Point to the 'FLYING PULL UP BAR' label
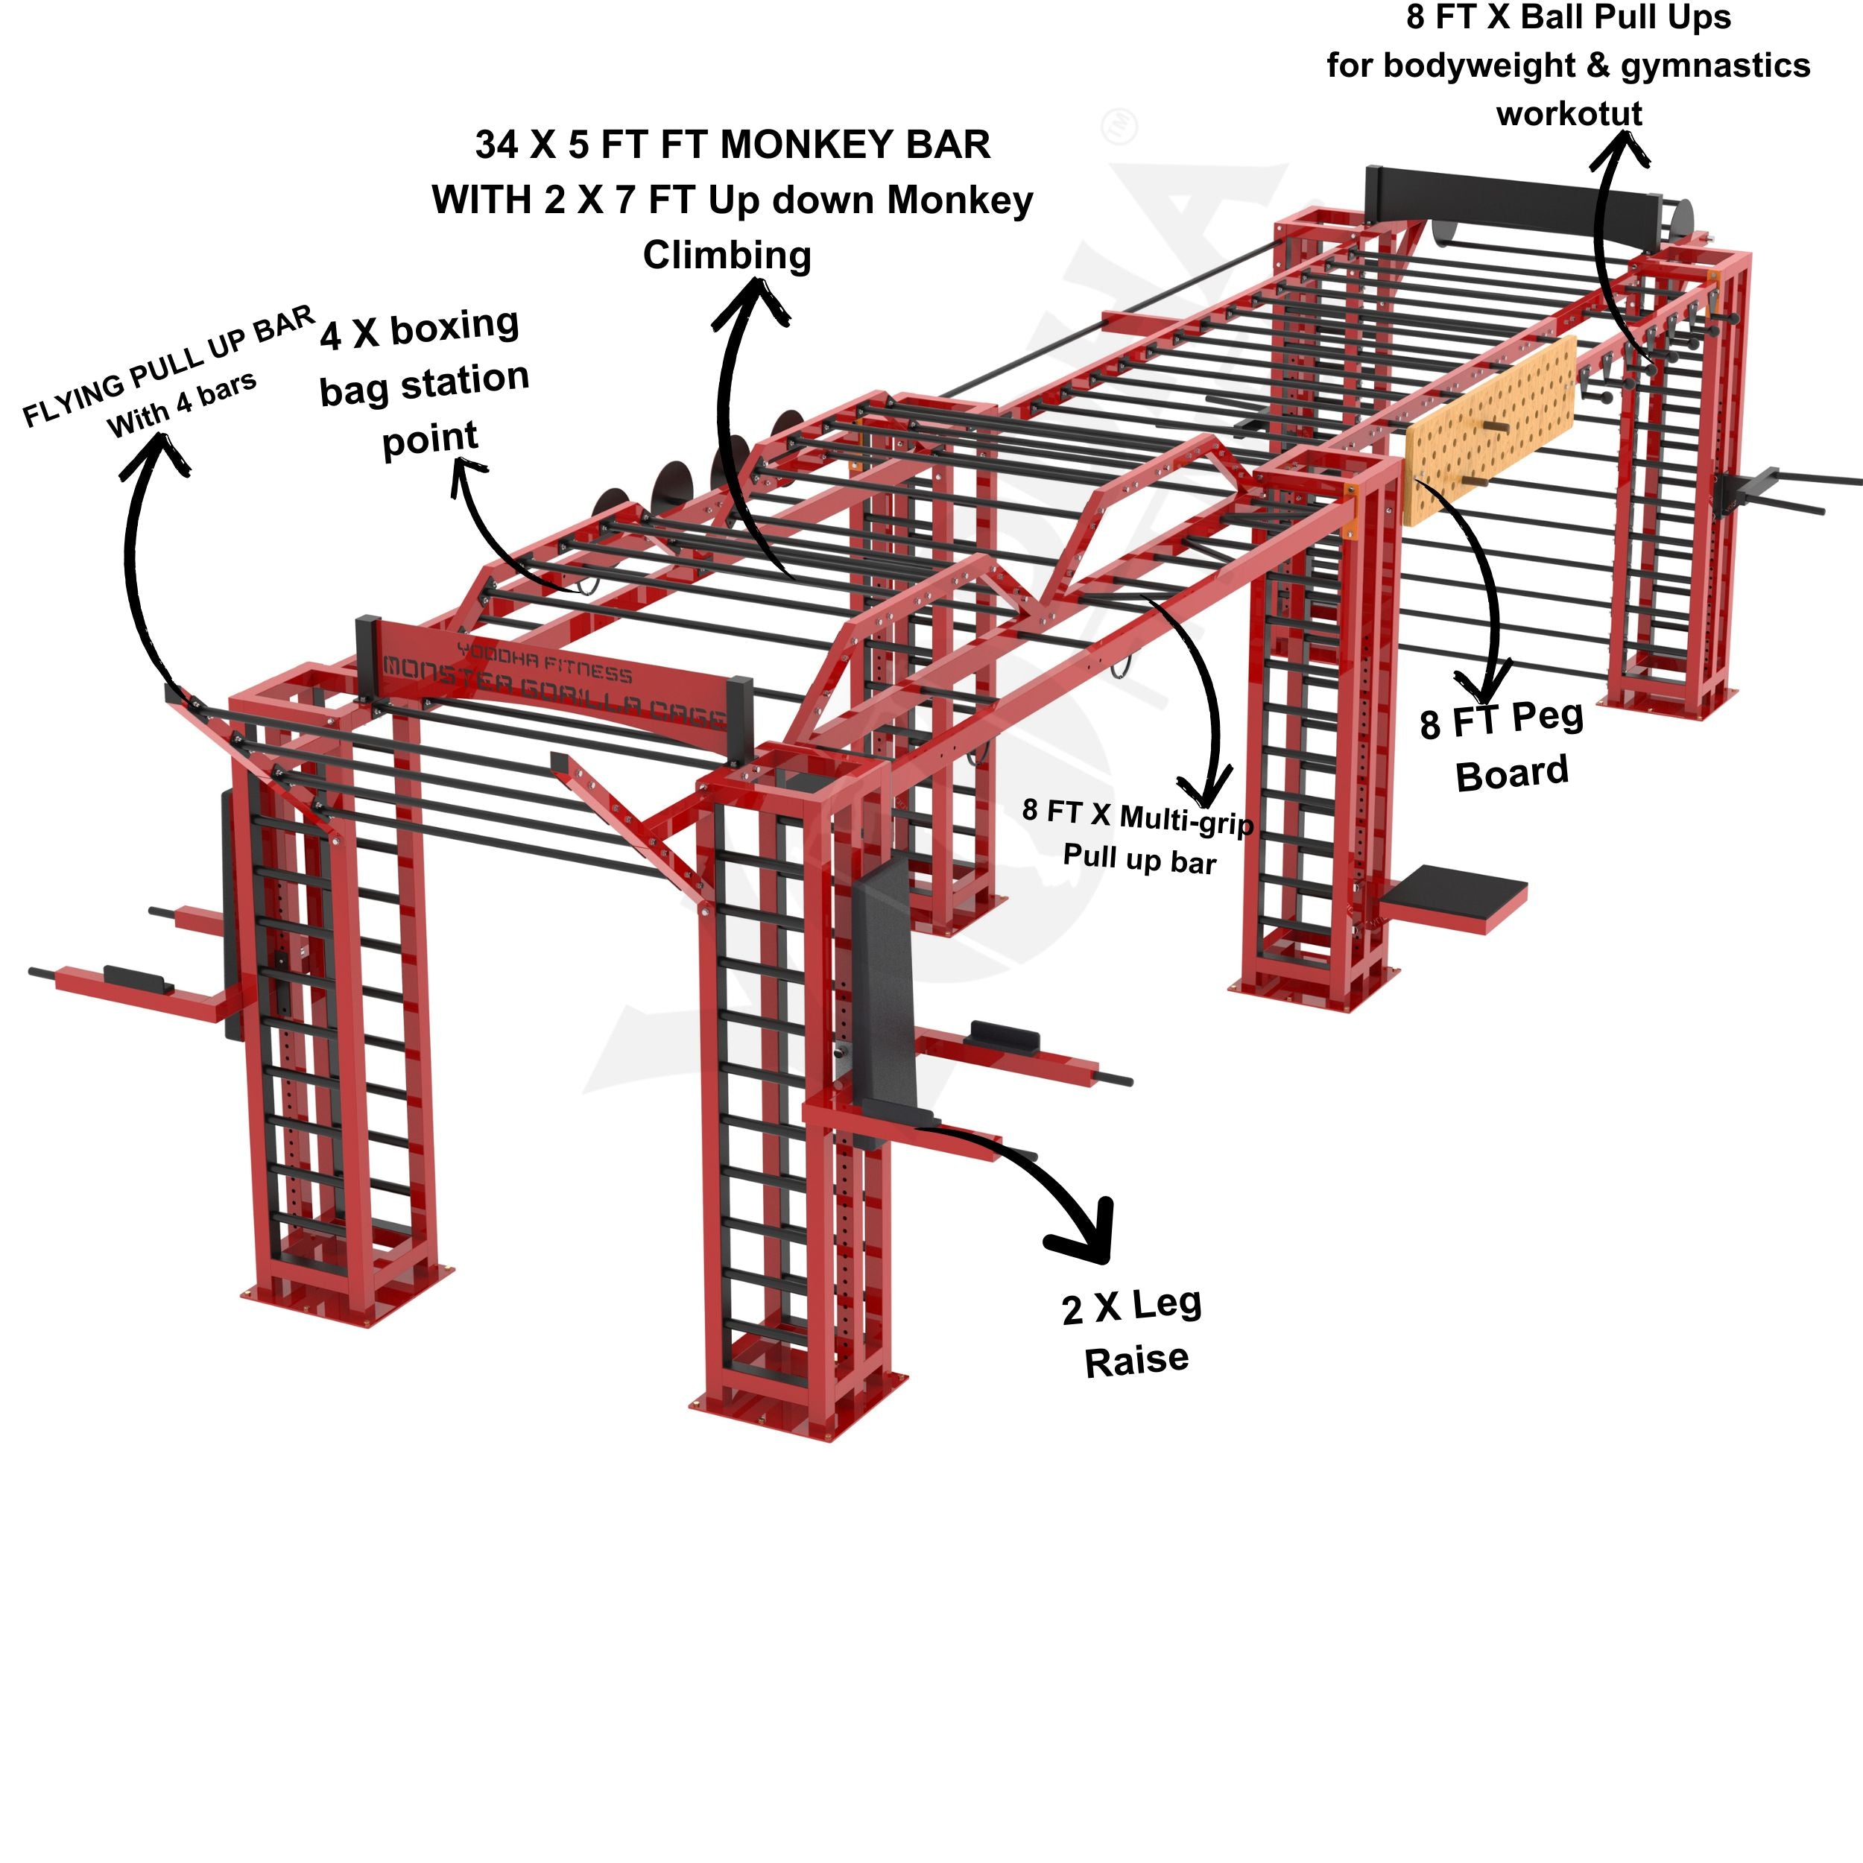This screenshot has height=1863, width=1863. pyautogui.click(x=168, y=367)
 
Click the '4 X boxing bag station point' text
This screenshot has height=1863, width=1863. pyautogui.click(x=424, y=381)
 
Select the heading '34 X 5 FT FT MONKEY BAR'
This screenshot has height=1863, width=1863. pyautogui.click(x=733, y=145)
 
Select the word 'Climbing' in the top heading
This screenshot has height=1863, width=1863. pyautogui.click(x=727, y=256)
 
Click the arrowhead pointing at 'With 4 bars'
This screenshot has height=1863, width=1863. pyautogui.click(x=154, y=453)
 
